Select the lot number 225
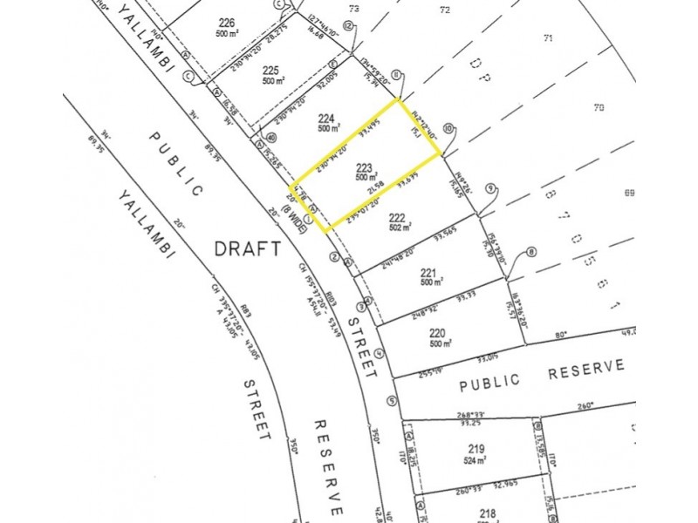[270, 71]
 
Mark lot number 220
[438, 332]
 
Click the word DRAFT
[248, 248]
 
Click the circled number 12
[348, 27]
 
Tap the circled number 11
[397, 75]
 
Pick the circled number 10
[448, 128]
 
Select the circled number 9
[490, 188]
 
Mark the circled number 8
[531, 253]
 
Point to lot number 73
[353, 9]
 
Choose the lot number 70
[598, 108]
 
